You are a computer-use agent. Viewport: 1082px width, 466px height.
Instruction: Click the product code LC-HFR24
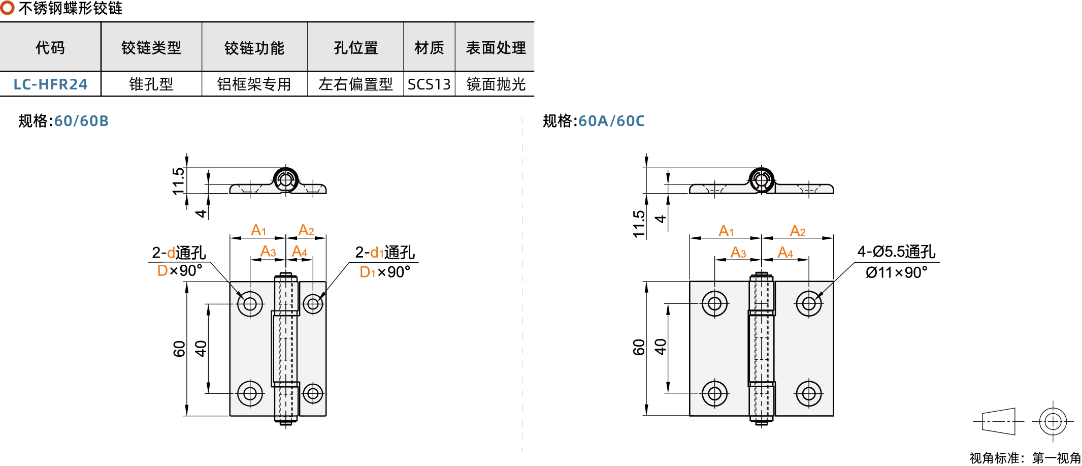(x=50, y=84)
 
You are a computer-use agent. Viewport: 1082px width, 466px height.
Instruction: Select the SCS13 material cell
(x=429, y=84)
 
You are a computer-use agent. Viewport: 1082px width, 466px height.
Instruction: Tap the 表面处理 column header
(x=496, y=48)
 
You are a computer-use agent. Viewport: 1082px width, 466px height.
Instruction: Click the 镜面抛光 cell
(x=496, y=84)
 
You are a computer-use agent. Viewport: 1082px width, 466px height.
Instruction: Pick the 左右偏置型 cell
(x=355, y=84)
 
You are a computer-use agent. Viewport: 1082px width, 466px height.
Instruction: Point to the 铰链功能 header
(x=254, y=48)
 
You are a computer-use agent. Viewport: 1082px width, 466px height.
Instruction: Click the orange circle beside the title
(x=7, y=8)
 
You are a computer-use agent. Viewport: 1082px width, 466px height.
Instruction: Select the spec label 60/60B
(x=81, y=121)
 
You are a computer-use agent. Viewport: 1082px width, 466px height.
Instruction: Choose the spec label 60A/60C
(x=611, y=121)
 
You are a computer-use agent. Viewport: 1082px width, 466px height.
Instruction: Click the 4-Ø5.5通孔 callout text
(x=896, y=252)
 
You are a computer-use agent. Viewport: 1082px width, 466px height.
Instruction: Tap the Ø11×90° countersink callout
(x=896, y=272)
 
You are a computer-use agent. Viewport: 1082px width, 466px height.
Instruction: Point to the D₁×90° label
(x=384, y=272)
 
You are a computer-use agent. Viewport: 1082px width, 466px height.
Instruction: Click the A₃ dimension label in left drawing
(x=268, y=252)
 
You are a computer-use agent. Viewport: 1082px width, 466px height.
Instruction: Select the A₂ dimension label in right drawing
(x=798, y=231)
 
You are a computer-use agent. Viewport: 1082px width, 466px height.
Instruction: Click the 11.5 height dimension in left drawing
(x=178, y=181)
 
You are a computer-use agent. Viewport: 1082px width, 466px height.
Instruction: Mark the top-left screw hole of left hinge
(x=250, y=304)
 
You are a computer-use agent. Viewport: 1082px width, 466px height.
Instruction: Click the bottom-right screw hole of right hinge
(x=809, y=393)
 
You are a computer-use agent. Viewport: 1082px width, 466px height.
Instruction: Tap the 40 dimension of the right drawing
(x=660, y=347)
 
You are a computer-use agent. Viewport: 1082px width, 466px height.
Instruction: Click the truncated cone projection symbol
(x=999, y=421)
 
